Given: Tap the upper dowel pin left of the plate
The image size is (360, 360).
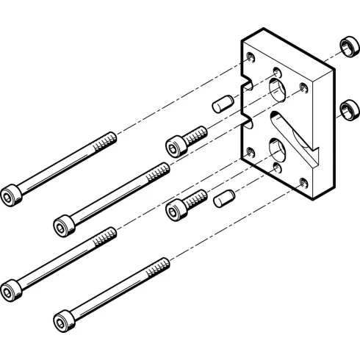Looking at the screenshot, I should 222,103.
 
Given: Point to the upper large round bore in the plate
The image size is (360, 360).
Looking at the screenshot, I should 279,91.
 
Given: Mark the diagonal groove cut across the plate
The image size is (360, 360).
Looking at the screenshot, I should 298,137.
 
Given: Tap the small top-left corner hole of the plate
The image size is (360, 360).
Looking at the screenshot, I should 252,57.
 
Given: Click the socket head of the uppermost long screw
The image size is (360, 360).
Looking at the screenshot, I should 11,195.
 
